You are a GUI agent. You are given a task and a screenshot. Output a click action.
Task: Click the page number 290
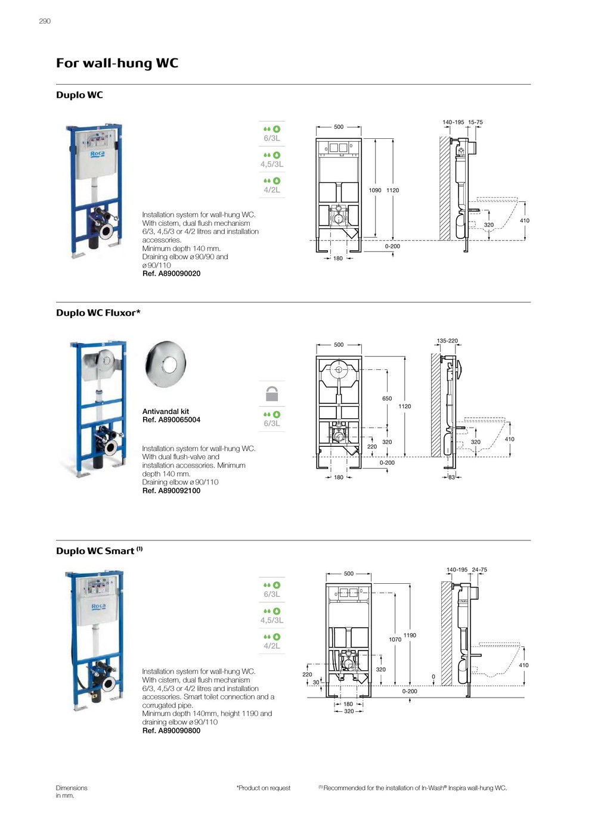pos(45,21)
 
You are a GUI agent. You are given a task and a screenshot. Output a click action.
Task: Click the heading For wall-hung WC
pos(117,63)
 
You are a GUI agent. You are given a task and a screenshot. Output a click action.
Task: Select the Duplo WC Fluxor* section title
pos(98,313)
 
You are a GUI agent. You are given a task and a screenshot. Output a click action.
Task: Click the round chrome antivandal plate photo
pos(166,364)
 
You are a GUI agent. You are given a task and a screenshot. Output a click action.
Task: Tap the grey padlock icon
pos(272,394)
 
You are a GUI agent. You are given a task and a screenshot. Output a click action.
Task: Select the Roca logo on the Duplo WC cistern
pos(98,154)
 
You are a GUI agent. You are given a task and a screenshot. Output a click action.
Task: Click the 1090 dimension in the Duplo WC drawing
pos(375,191)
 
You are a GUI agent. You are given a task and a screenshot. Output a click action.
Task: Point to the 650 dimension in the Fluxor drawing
pos(387,399)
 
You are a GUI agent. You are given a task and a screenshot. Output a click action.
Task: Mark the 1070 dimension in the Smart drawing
pos(395,640)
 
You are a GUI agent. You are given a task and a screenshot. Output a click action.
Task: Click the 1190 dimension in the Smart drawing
pos(410,636)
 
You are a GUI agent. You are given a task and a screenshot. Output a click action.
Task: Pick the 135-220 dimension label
pos(447,341)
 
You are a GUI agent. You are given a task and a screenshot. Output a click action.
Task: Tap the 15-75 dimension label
pos(475,122)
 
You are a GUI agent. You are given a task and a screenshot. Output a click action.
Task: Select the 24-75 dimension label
pos(479,570)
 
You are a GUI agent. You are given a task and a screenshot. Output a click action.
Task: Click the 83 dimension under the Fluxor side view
pos(451,477)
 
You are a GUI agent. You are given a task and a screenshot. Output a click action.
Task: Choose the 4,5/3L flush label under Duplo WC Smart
pos(272,620)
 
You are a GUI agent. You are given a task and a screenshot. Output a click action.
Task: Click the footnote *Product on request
pos(264,788)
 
